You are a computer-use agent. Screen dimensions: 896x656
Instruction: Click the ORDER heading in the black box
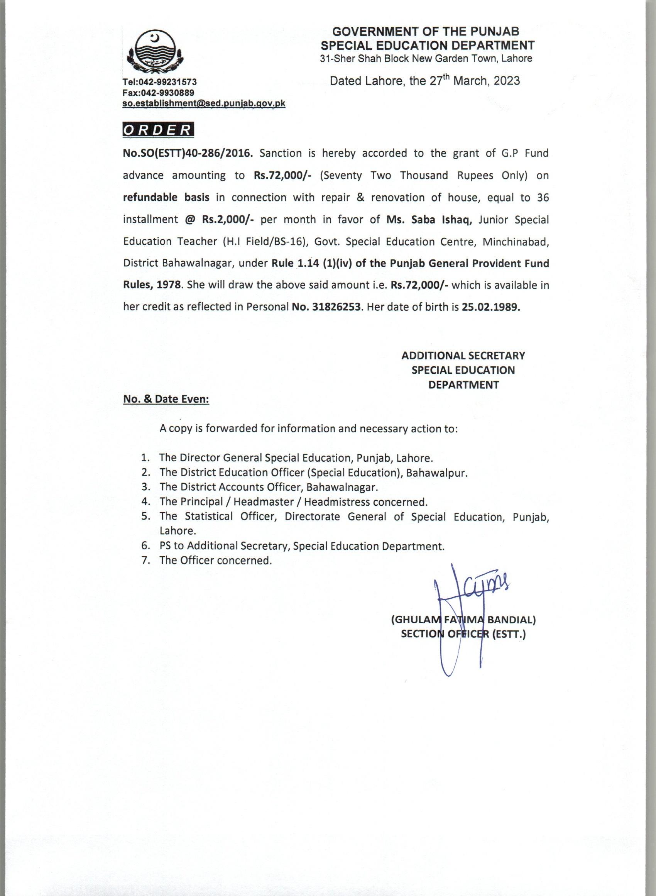[x=158, y=130]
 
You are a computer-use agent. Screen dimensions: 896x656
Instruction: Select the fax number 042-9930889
[x=166, y=93]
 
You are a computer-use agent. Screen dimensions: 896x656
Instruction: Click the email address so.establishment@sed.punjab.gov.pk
[x=204, y=103]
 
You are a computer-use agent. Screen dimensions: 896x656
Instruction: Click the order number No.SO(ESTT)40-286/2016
[x=188, y=153]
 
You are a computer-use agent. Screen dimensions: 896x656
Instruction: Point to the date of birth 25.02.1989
[x=491, y=307]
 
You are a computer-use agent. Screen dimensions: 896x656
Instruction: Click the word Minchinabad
[x=516, y=242]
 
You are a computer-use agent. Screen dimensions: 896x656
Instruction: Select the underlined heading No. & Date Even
[x=166, y=399]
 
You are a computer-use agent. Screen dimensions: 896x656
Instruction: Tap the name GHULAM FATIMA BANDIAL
[x=463, y=620]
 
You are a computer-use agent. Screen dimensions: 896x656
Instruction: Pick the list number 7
[x=145, y=561]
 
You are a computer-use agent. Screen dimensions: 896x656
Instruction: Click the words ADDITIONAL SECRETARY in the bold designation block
[x=463, y=356]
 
